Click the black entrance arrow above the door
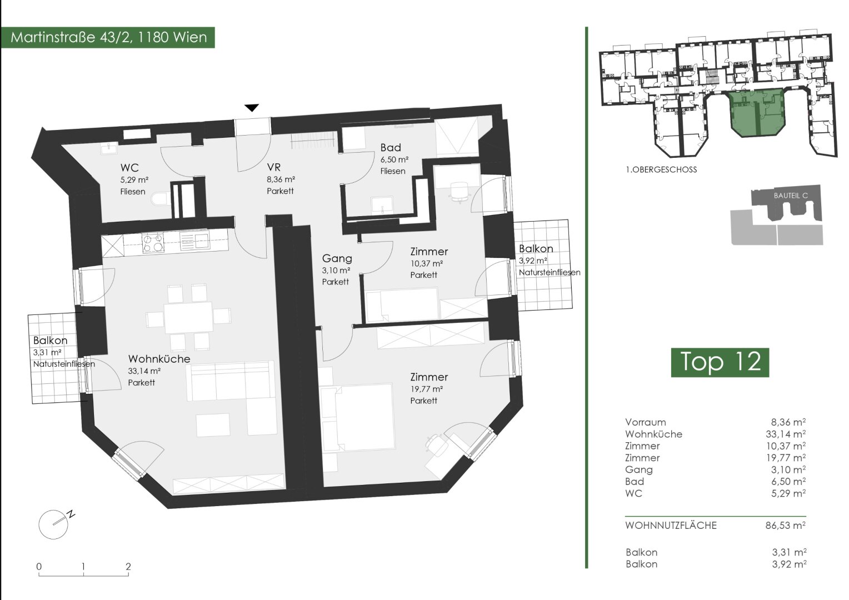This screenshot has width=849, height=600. coord(252,108)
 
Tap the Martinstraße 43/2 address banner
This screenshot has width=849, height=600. coord(108,38)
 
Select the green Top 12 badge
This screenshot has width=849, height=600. coord(720,362)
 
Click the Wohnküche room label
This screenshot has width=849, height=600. coord(159,358)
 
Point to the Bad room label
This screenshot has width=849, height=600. coord(391,147)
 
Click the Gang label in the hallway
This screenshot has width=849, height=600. coord(337,258)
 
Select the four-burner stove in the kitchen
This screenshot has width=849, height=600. coord(153,243)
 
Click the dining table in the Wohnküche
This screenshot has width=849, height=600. coord(188,317)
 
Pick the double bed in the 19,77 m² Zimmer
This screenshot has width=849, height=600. coord(357,417)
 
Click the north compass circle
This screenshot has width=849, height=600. coord(53,524)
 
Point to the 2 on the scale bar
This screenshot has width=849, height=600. coord(128,567)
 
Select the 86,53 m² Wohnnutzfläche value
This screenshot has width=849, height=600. coord(786,526)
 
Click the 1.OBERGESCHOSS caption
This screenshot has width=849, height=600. coord(661,170)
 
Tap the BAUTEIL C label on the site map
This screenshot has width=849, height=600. coord(791,196)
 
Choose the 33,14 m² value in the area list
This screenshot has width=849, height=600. coord(786,433)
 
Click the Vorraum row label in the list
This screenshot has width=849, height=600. coord(646,422)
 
